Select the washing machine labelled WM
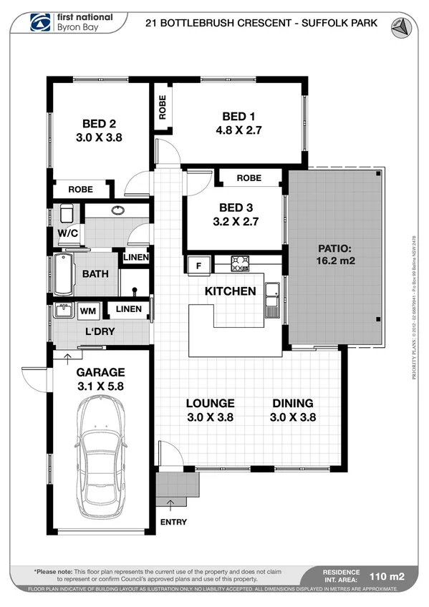(x=88, y=311)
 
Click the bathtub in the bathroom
(x=64, y=274)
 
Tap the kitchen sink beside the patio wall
(x=272, y=298)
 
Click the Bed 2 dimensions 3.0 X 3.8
(x=99, y=137)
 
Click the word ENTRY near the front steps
(x=173, y=522)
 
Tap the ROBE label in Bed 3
(x=249, y=178)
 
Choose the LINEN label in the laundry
(x=129, y=309)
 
